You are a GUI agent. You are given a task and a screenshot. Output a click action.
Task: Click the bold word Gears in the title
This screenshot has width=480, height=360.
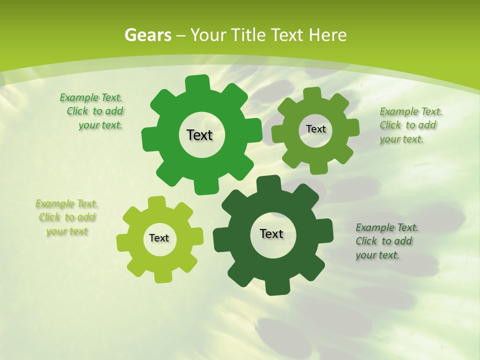point(147,35)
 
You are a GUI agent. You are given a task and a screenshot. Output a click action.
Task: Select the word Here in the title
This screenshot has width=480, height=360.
point(327,35)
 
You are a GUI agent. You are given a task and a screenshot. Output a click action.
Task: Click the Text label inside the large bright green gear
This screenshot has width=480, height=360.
point(199,135)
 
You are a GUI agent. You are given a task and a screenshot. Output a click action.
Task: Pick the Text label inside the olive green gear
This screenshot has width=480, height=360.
point(315,129)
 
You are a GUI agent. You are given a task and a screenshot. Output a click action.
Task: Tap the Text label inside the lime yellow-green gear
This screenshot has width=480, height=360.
point(159,238)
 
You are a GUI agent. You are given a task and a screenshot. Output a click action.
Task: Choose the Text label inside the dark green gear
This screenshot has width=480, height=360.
point(271,233)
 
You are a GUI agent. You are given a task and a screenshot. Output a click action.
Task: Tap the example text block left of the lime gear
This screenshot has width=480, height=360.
point(67,217)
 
